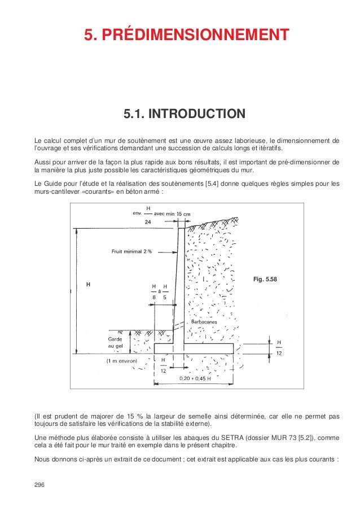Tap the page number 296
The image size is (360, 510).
tap(41, 485)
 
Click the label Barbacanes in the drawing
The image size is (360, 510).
tap(204, 321)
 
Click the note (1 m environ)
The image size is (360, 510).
tap(124, 360)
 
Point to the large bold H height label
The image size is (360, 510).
tap(87, 285)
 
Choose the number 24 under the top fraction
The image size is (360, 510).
tap(148, 223)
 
